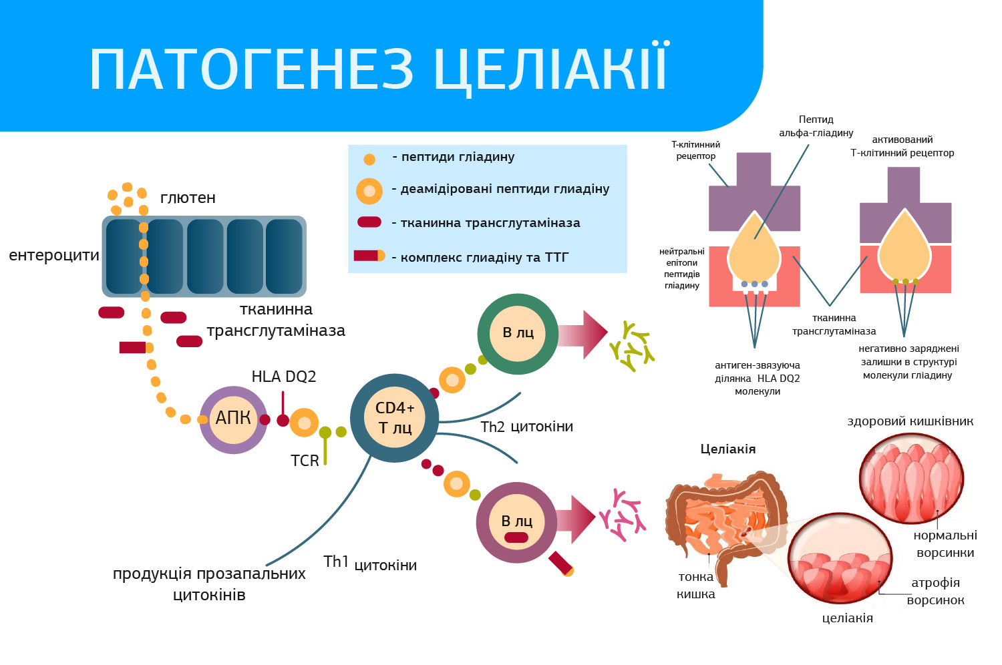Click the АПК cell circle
click(233, 419)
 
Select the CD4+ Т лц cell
click(395, 418)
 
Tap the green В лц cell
click(518, 333)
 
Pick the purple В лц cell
click(516, 522)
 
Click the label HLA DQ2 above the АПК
click(284, 377)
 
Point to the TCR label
click(305, 461)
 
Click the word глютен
click(188, 198)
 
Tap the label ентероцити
click(54, 255)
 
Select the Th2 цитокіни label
click(527, 427)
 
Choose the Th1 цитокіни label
click(370, 564)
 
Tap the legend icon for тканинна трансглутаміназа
click(369, 222)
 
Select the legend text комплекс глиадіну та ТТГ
click(484, 257)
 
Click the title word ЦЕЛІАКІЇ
click(550, 69)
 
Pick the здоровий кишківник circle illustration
click(911, 478)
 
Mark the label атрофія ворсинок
click(935, 591)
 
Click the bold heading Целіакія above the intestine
click(727, 449)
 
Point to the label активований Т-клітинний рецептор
click(902, 146)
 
